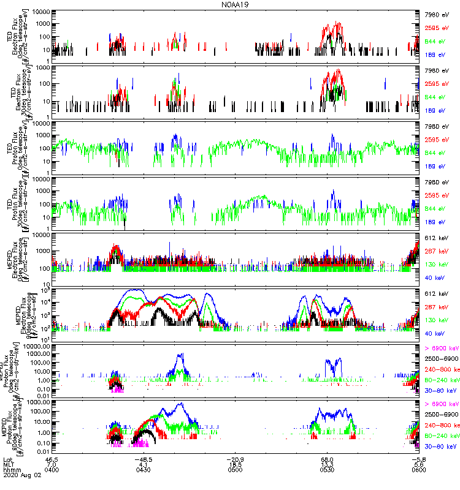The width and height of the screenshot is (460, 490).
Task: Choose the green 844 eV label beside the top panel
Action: tap(435, 42)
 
